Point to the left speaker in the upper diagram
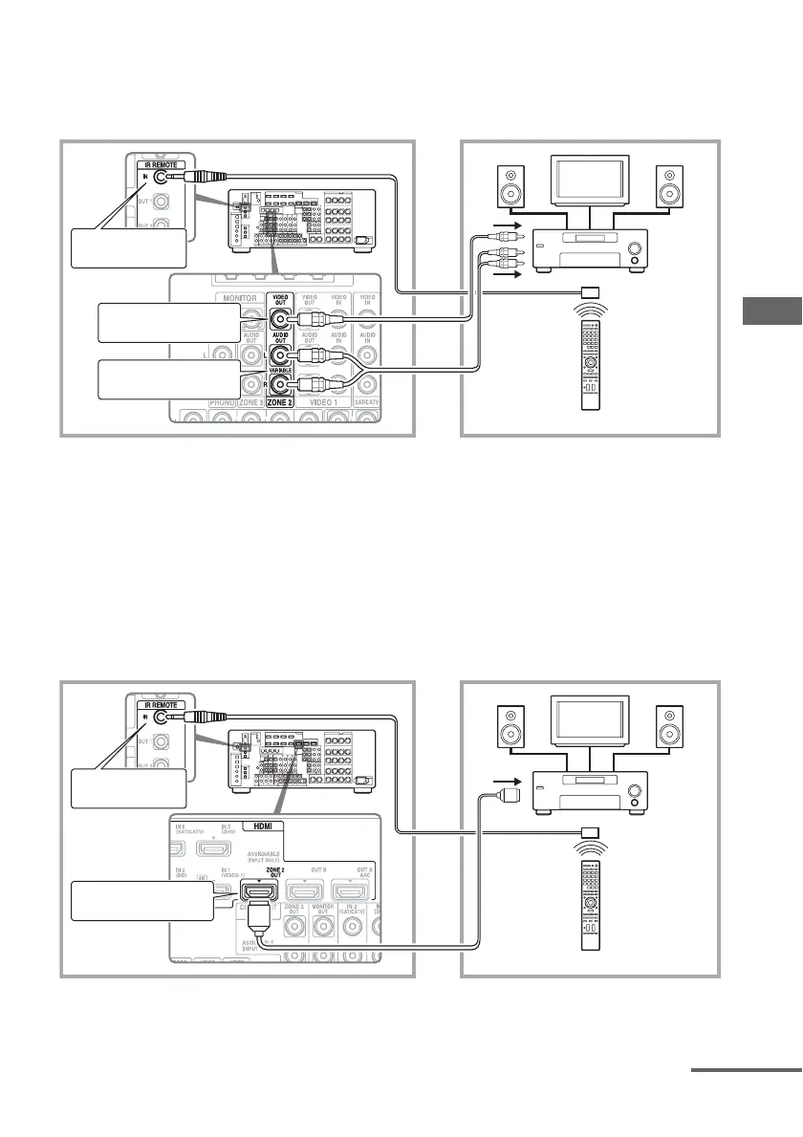click(510, 187)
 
